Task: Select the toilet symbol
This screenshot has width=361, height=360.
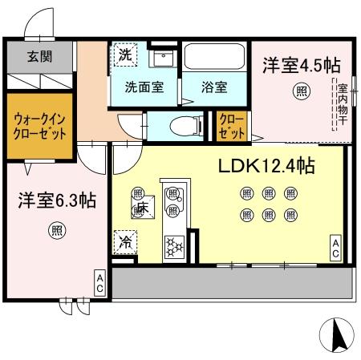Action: tap(186, 124)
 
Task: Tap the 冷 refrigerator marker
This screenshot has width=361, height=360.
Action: tap(126, 240)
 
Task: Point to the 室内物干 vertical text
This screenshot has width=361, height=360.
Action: tap(342, 103)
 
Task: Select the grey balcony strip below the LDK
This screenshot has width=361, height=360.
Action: tap(233, 281)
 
